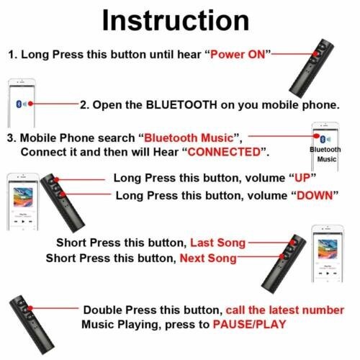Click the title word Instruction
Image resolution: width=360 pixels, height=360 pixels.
pyautogui.click(x=179, y=19)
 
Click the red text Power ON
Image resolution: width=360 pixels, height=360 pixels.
pyautogui.click(x=240, y=55)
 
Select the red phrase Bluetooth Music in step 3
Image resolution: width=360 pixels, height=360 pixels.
pyautogui.click(x=192, y=138)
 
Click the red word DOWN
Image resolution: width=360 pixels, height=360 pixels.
pyautogui.click(x=312, y=196)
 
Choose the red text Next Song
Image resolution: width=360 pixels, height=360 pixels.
pyautogui.click(x=207, y=258)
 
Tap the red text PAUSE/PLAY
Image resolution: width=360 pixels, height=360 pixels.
pyautogui.click(x=248, y=325)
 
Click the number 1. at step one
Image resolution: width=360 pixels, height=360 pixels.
pyautogui.click(x=13, y=55)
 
